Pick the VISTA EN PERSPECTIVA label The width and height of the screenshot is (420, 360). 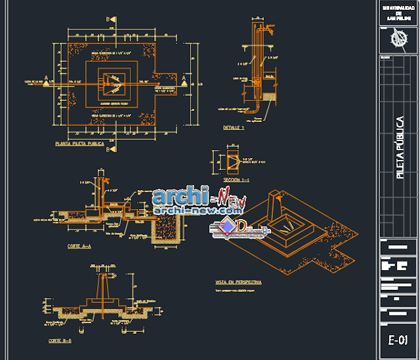(x=238, y=282)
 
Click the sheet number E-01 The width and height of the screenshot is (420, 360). (x=398, y=340)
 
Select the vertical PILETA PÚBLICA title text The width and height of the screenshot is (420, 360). (x=400, y=148)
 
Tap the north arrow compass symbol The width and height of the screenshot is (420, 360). (x=398, y=39)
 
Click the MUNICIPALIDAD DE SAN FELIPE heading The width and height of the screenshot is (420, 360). (x=398, y=12)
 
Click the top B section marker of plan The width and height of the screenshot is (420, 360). (x=112, y=20)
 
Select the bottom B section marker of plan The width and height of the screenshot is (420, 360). (x=112, y=150)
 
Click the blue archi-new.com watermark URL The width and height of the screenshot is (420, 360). (x=197, y=210)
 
